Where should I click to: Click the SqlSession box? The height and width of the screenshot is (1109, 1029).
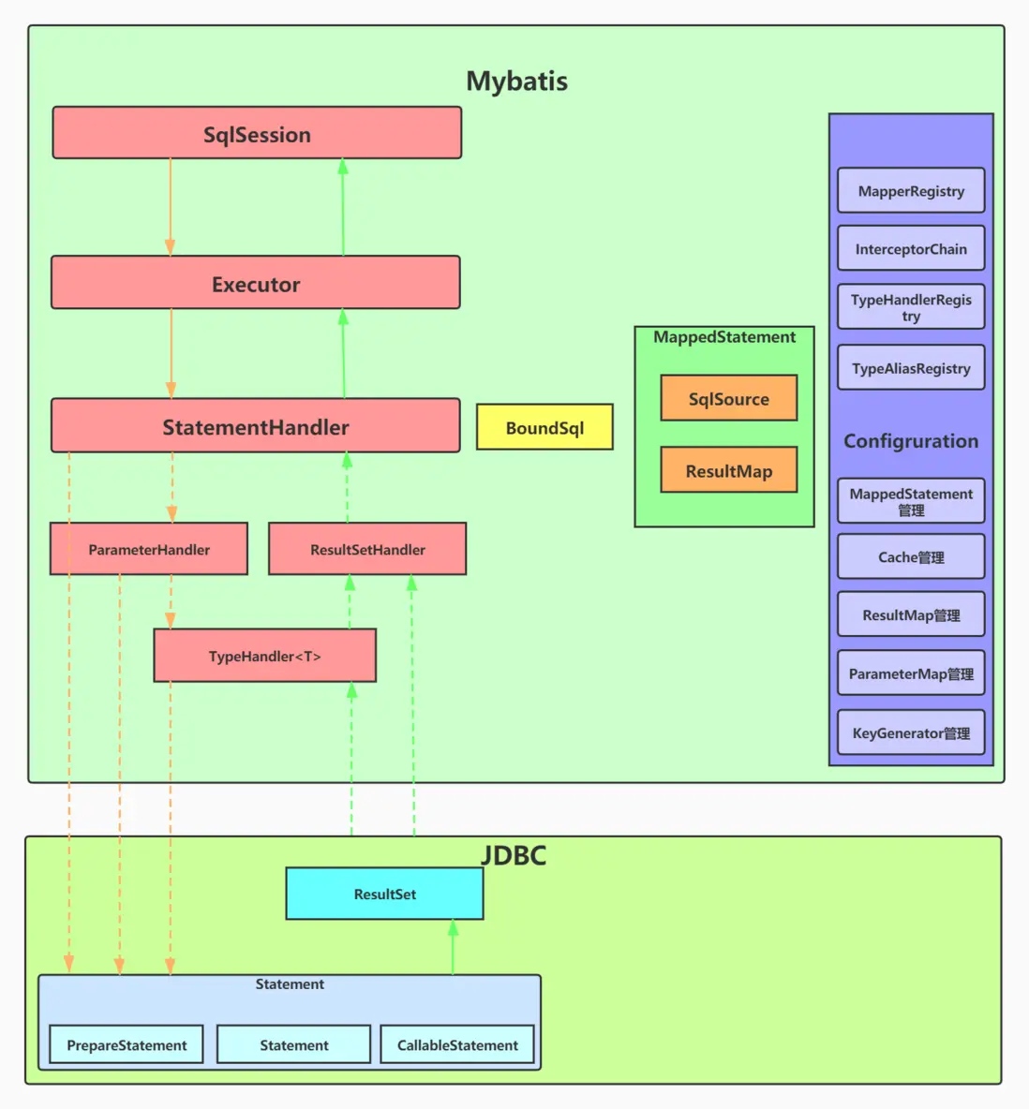point(257,133)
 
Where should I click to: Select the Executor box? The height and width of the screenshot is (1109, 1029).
point(256,283)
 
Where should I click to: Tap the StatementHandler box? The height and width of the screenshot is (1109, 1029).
point(256,426)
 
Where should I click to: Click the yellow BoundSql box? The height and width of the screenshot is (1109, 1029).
point(544,427)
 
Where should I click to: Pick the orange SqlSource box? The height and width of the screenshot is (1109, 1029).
point(728,398)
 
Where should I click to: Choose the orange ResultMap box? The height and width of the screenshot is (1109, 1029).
point(728,470)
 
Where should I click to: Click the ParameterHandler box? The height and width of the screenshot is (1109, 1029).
point(149,549)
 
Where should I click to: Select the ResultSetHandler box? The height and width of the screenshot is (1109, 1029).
point(367,549)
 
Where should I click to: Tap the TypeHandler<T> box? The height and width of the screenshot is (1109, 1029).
point(265,656)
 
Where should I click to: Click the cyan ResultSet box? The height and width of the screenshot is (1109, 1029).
point(384,894)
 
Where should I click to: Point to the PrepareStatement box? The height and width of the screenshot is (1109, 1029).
point(127,1044)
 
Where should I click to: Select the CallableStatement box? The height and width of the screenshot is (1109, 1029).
point(457,1044)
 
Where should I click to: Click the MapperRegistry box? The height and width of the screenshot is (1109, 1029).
point(911,190)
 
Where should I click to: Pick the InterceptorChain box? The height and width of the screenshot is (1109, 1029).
point(911,248)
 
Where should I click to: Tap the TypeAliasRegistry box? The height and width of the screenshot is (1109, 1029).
point(911,368)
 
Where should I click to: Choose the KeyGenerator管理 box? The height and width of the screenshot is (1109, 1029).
point(911,732)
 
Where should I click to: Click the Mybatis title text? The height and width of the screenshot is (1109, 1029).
point(516,81)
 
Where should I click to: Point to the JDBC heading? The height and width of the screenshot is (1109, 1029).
point(514,855)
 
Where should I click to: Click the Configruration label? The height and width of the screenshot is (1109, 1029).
point(911,441)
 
